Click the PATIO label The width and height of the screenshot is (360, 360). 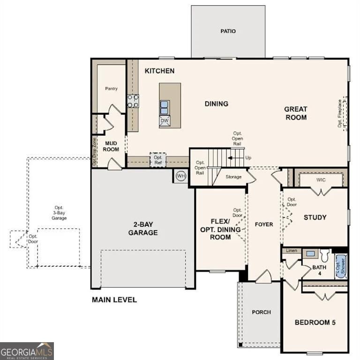coord(228,31)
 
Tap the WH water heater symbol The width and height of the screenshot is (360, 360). coord(181,176)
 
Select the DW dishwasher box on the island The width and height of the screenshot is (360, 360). coord(165,121)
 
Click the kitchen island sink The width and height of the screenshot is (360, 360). coord(165,107)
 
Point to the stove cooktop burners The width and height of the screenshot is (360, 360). coord(133,101)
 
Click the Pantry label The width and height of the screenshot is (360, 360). coord(112,89)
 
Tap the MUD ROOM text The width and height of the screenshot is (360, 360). coord(111,146)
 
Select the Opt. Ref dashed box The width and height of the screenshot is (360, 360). coord(157,160)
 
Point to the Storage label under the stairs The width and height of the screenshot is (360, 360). coord(233,177)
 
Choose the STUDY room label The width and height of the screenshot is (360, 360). coord(315,217)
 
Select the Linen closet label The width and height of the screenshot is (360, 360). coord(292,251)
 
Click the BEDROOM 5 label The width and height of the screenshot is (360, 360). coord(315,322)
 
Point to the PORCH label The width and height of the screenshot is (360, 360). coord(261,312)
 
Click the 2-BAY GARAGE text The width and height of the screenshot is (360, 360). coord(143,229)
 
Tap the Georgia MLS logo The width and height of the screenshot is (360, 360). coord(27,351)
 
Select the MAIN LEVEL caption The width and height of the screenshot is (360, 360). coord(114,300)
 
